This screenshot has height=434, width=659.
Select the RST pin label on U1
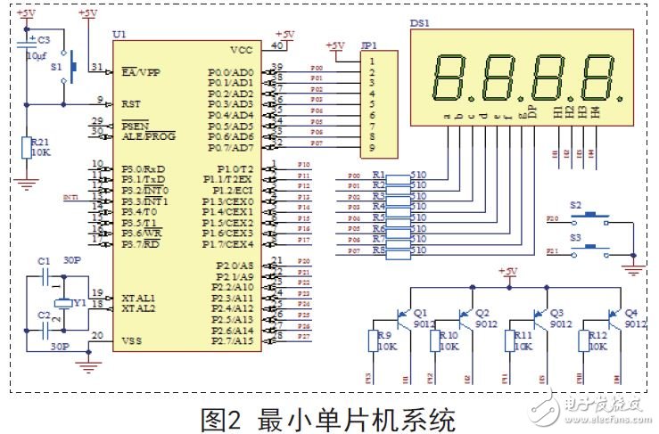pyautogui.click(x=131, y=104)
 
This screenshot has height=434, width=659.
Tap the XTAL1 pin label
pyautogui.click(x=138, y=297)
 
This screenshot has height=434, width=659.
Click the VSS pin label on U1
pyautogui.click(x=130, y=340)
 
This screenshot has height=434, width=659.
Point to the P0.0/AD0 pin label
pyautogui.click(x=230, y=71)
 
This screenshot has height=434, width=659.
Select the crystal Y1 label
pyautogui.click(x=78, y=303)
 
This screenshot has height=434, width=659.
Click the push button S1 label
pyautogui.click(x=56, y=66)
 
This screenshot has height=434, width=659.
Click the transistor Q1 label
pyautogui.click(x=421, y=314)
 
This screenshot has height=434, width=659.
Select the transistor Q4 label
pyautogui.click(x=630, y=314)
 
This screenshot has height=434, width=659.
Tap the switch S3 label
pyautogui.click(x=575, y=238)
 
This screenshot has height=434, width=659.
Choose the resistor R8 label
pyautogui.click(x=379, y=251)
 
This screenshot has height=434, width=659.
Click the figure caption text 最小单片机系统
pyautogui.click(x=357, y=417)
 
